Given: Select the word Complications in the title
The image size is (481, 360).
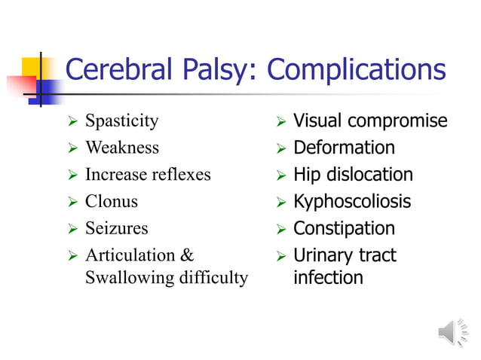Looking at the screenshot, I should click(x=357, y=71).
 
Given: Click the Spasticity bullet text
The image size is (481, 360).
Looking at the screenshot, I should click(x=122, y=121).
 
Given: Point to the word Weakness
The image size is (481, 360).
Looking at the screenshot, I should click(x=122, y=148).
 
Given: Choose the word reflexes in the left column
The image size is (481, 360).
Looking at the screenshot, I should click(x=180, y=175).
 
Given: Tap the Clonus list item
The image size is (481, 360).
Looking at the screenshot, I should click(x=112, y=202).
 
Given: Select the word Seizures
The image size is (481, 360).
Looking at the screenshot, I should click(x=117, y=228).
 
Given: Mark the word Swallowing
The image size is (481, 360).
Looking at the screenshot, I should click(x=129, y=278).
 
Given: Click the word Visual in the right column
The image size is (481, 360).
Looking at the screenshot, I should click(x=314, y=121).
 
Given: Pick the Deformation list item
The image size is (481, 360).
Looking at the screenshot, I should click(x=344, y=148).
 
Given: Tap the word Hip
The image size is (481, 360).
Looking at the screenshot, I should click(x=306, y=175).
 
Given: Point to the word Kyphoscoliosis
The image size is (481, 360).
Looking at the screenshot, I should click(x=352, y=202).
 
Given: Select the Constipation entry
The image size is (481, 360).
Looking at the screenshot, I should click(x=344, y=228).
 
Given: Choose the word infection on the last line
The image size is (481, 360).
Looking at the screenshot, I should click(x=328, y=278).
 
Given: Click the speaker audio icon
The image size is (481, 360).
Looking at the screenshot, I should click(x=452, y=332).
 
